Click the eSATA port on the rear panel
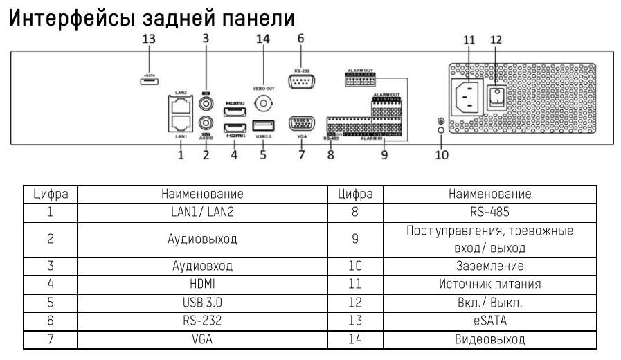point(148,82)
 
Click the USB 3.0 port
point(262,126)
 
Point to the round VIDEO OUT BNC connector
point(263,103)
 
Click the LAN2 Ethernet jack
point(180,105)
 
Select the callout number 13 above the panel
point(148,39)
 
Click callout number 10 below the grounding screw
point(441,154)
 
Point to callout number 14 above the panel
point(262,39)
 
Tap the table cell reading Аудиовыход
point(202,239)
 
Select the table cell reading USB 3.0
point(202,303)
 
